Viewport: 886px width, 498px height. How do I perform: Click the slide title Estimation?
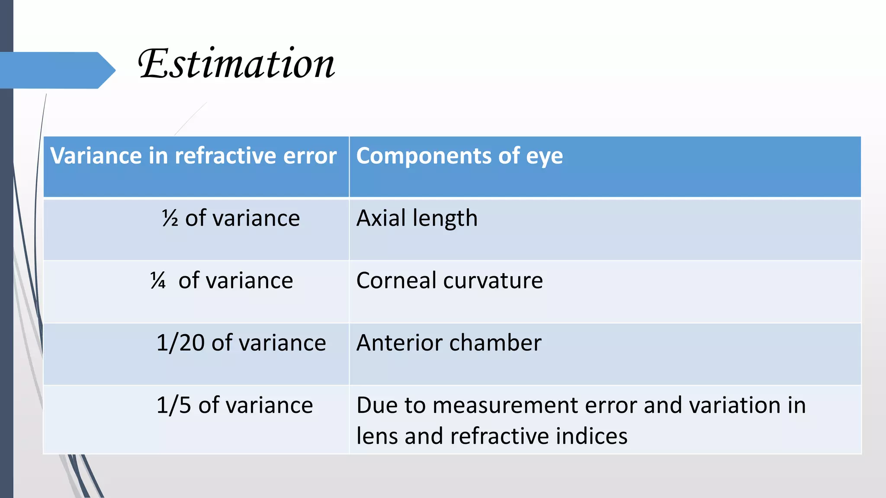236,64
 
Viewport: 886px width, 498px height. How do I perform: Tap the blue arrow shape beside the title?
56,70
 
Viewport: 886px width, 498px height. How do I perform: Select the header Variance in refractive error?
193,156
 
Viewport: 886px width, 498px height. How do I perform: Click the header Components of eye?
459,156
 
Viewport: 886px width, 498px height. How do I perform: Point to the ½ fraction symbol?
170,218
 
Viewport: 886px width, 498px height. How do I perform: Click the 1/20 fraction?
180,343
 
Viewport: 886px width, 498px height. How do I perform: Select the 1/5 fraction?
173,405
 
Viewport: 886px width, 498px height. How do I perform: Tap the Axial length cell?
417,218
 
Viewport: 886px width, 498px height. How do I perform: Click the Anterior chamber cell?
449,343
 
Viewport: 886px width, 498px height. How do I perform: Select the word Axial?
381,218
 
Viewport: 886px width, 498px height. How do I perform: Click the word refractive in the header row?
225,156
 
